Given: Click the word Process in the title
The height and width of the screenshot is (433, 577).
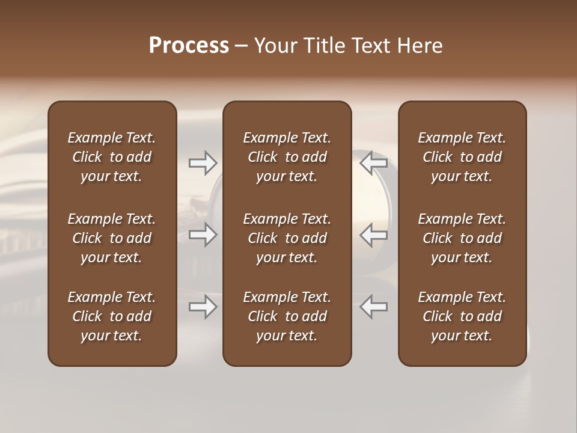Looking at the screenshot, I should coord(189,46).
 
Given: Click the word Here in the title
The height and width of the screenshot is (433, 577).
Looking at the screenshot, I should coord(420,46).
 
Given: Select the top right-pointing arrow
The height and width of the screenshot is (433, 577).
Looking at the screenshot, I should coord(203,162).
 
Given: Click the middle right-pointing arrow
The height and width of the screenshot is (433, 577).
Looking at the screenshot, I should coord(203,235).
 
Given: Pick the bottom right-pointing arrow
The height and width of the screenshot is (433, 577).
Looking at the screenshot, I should coord(203,307).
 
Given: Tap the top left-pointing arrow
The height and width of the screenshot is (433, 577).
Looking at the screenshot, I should coord(374,162).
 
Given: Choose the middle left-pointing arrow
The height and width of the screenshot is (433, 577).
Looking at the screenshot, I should coord(374,235).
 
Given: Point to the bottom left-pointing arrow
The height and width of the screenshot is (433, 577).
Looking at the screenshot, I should coord(374,307).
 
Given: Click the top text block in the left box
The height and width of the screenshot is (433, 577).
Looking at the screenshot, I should coord(112,157).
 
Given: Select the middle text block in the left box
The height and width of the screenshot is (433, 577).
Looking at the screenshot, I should coord(112,238).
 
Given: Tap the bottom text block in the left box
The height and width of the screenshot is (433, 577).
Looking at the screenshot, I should coord(112,316).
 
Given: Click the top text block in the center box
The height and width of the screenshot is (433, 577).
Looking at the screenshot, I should coord(287,157).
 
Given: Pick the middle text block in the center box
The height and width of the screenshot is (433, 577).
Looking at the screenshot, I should coord(287,238).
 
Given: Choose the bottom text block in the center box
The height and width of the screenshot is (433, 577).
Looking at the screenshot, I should coord(287,316).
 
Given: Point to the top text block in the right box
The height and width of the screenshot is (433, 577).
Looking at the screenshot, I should coord(462,157).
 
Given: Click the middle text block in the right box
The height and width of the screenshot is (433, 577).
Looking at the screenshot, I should coord(462,238).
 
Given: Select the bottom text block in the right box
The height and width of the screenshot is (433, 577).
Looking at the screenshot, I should coord(462,316).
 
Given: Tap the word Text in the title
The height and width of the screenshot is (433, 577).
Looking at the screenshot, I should coord(373,46).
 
